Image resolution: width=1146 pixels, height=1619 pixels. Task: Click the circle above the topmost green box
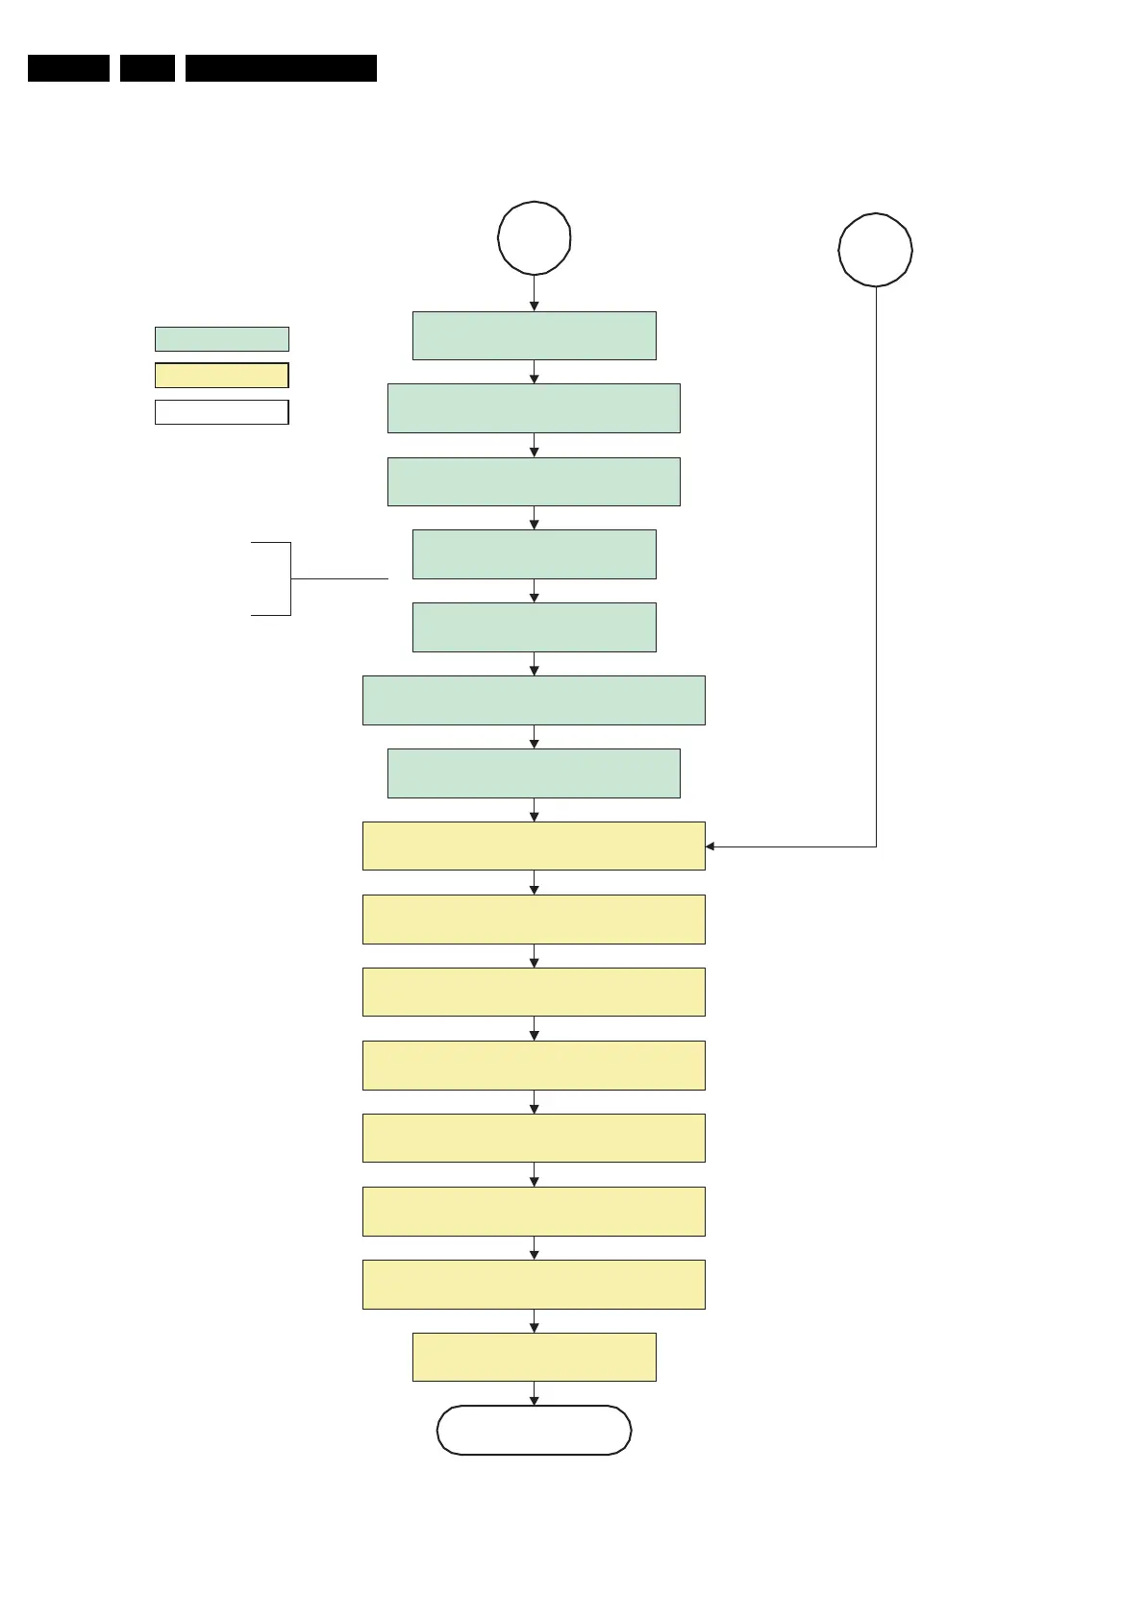pyautogui.click(x=535, y=238)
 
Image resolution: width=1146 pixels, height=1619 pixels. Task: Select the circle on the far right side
pyautogui.click(x=875, y=250)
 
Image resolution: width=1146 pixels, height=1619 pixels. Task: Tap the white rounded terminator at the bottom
pyautogui.click(x=535, y=1430)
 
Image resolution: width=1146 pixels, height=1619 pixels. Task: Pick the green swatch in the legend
pyautogui.click(x=221, y=339)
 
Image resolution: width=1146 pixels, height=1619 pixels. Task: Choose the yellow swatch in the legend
pyautogui.click(x=221, y=375)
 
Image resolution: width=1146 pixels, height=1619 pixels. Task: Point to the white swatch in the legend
pyautogui.click(x=221, y=412)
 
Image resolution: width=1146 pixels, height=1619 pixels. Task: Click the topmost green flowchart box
pyautogui.click(x=535, y=335)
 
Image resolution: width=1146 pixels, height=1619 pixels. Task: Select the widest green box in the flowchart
pyautogui.click(x=534, y=699)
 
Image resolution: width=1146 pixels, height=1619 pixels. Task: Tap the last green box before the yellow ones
pyautogui.click(x=534, y=773)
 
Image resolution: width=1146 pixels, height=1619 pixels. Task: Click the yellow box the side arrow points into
pyautogui.click(x=534, y=846)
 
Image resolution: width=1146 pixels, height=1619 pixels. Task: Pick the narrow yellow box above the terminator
pyautogui.click(x=535, y=1357)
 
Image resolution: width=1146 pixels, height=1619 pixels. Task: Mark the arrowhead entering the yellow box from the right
pyautogui.click(x=710, y=846)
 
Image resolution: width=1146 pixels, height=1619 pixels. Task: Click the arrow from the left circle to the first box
pyautogui.click(x=535, y=293)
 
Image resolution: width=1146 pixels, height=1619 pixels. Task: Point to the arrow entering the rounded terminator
pyautogui.click(x=535, y=1394)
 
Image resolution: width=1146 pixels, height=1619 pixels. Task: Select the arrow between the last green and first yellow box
pyautogui.click(x=535, y=810)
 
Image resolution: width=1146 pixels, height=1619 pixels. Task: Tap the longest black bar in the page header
pyautogui.click(x=281, y=68)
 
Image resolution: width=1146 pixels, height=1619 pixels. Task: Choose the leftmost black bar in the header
pyautogui.click(x=68, y=68)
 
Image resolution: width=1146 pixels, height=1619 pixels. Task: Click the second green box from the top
pyautogui.click(x=534, y=408)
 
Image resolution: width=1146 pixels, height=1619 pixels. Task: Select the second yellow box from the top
pyautogui.click(x=534, y=919)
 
